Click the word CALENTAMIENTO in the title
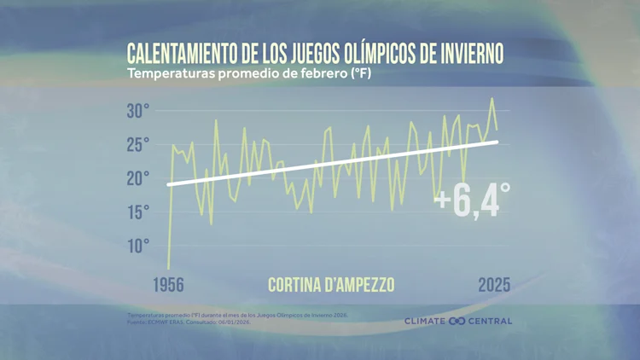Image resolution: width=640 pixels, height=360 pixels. pos(183,53)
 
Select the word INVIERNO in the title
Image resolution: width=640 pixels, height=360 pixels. pos(464,53)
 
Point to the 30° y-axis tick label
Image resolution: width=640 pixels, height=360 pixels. pos(138,111)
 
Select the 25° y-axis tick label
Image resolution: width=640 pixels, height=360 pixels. pos(138,144)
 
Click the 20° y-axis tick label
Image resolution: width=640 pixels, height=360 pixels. pos(138,177)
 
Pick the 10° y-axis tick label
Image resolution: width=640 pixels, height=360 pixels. pos(138,246)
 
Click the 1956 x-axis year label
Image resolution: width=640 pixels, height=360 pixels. pos(168,285)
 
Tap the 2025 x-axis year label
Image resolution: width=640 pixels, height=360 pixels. pos(493,285)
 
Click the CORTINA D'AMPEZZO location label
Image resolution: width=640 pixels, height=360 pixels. pos(331,285)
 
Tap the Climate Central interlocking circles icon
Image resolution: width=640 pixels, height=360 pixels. pos(457,322)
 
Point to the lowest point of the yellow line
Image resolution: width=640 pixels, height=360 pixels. pos(168,268)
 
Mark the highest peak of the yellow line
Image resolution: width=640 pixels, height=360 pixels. pos(492,99)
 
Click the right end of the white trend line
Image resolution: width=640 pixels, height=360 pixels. pos(497,142)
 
